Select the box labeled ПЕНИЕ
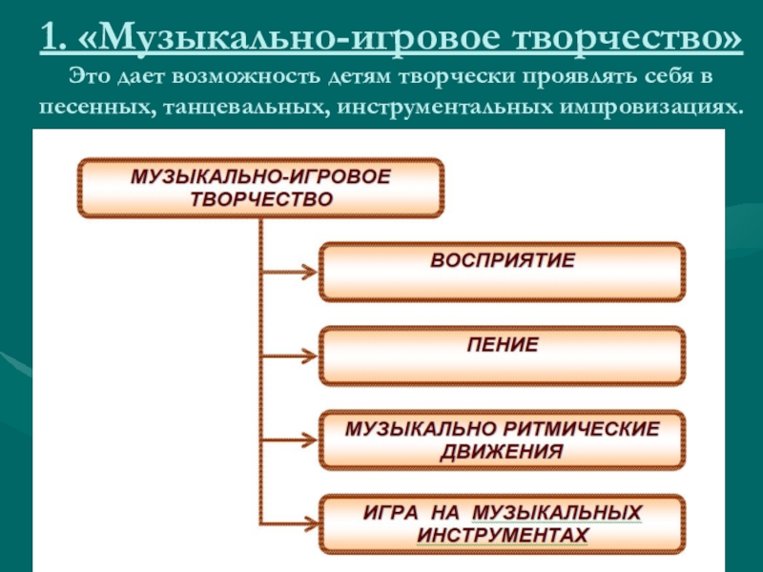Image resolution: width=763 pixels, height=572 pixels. tap(502, 355)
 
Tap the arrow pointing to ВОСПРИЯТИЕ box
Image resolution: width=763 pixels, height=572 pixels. tap(290, 272)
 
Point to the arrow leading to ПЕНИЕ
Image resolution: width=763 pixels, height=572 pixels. tap(290, 357)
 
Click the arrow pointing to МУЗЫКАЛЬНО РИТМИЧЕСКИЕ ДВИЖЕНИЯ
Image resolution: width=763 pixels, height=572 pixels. tap(290, 441)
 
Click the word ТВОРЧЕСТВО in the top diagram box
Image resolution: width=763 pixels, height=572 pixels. tap(260, 200)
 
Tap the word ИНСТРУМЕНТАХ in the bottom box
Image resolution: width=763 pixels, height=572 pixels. tap(502, 535)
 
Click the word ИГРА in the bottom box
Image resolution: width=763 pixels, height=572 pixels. tap(391, 512)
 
